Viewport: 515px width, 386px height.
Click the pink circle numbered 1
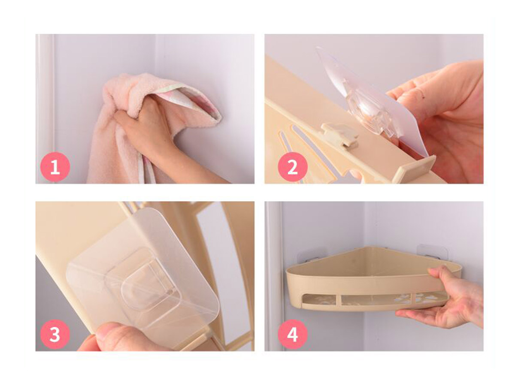pyautogui.click(x=55, y=167)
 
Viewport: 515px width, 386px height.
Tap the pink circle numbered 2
pyautogui.click(x=293, y=167)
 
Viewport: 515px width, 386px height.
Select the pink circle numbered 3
pyautogui.click(x=55, y=335)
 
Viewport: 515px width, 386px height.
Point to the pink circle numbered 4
pyautogui.click(x=293, y=335)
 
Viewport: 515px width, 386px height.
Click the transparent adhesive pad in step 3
pyautogui.click(x=143, y=269)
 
